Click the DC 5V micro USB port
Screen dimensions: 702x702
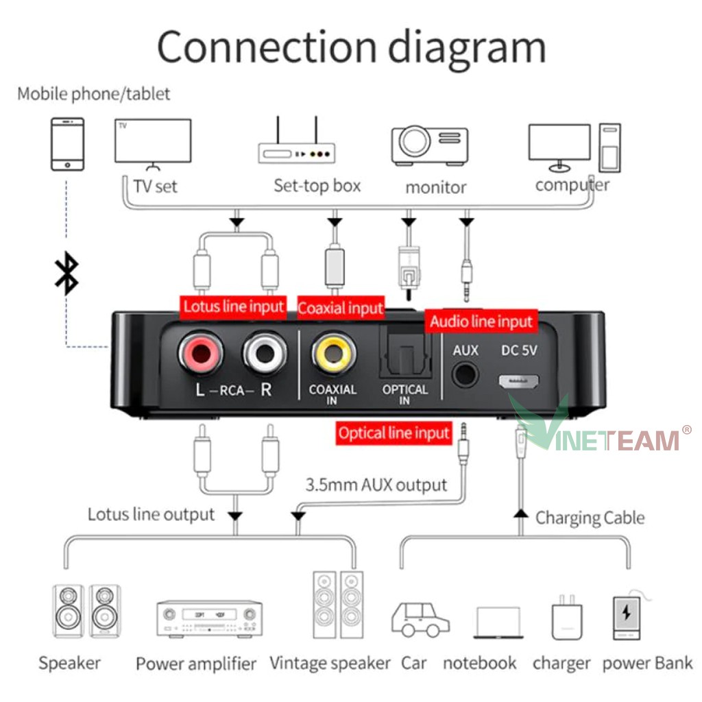point(519,381)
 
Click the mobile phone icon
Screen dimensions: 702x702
point(67,143)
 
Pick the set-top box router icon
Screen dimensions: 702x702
point(296,145)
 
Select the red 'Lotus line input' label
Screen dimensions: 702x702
point(233,306)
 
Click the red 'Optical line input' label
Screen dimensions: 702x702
point(394,433)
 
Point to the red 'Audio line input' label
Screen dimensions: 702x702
point(481,322)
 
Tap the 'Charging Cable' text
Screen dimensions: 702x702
point(590,518)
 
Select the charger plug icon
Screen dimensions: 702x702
point(567,620)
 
